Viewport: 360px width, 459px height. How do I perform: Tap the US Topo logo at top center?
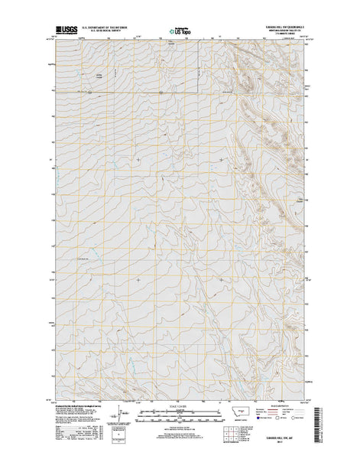tap(180, 33)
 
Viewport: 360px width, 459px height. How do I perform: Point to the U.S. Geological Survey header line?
tap(100, 34)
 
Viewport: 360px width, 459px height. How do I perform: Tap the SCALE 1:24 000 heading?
tap(180, 406)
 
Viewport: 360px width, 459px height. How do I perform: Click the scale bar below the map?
tap(180, 414)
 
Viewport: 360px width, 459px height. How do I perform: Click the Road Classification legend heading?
tap(282, 406)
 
